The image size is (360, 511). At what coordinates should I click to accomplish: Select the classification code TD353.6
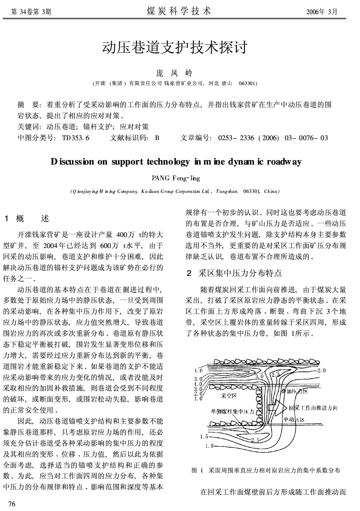coord(76,138)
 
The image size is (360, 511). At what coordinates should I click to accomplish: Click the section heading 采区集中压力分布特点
coord(240,273)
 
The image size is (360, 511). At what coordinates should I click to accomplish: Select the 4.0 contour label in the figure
coord(198,384)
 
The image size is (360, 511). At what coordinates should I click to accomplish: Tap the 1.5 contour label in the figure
coord(203,437)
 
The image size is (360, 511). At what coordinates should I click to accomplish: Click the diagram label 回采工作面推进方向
coord(313,408)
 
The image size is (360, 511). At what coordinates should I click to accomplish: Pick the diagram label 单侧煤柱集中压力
coord(233,412)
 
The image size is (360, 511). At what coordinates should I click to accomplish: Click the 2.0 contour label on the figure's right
coord(322,370)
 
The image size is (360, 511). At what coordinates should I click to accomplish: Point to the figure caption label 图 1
coord(197,470)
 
